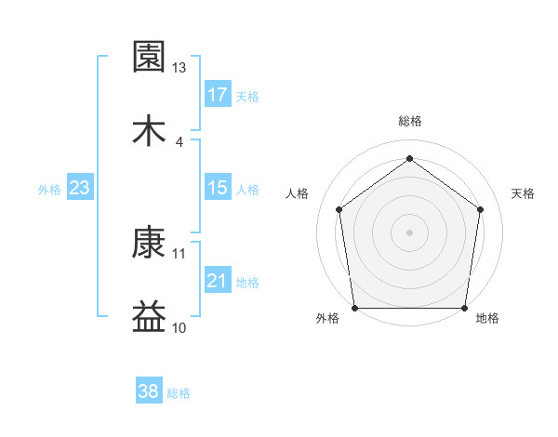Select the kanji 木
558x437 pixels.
[x=150, y=131]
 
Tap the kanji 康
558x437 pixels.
[x=150, y=245]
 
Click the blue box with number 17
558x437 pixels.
[x=218, y=94]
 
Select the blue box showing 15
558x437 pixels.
[x=218, y=188]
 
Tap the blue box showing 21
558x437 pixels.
[x=218, y=282]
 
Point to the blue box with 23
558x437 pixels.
[x=80, y=188]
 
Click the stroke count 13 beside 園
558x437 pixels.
[x=179, y=68]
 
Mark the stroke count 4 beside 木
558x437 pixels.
[x=179, y=141]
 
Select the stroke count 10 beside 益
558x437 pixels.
[x=179, y=327]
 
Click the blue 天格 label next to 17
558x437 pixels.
[x=247, y=96]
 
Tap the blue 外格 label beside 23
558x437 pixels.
[x=49, y=190]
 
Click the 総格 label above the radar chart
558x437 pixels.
[x=410, y=121]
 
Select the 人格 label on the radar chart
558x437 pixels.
[x=298, y=193]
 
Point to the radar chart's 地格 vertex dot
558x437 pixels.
[x=464, y=308]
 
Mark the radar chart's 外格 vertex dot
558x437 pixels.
[x=354, y=308]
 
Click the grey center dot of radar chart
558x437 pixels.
[x=409, y=232]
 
